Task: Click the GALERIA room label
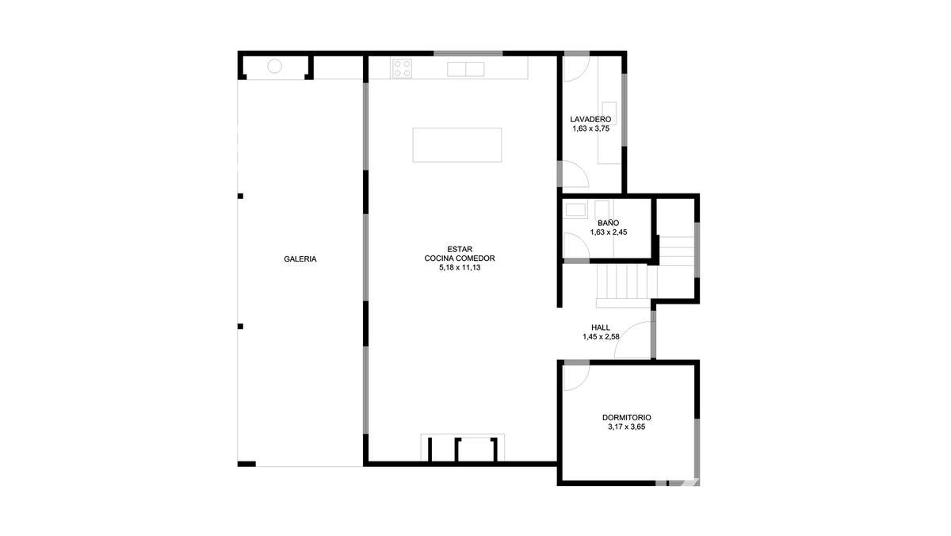click(x=300, y=258)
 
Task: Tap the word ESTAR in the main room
click(x=460, y=249)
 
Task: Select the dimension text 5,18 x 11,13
click(x=460, y=267)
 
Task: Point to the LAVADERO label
click(x=590, y=120)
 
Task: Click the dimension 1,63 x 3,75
click(x=590, y=128)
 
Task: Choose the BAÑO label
click(x=609, y=223)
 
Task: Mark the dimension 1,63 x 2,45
click(x=609, y=232)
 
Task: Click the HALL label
click(x=601, y=327)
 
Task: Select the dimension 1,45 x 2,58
click(x=601, y=337)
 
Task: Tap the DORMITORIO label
click(x=627, y=418)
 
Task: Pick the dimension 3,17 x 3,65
click(x=627, y=427)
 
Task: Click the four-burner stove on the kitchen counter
click(x=402, y=68)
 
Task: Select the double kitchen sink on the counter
click(x=466, y=69)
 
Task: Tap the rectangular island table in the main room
click(x=456, y=145)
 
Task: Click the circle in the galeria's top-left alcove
click(x=275, y=67)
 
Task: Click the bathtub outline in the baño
click(x=575, y=210)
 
